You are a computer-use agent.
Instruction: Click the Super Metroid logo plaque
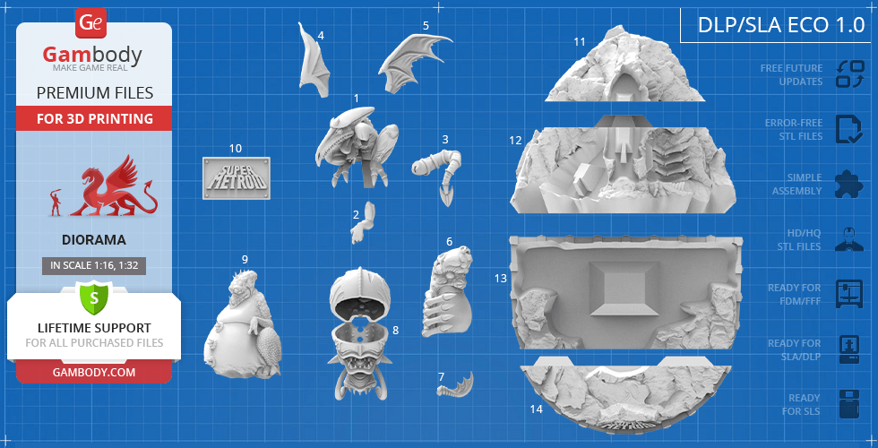[x=237, y=178]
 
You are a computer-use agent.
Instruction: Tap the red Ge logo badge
[x=90, y=23]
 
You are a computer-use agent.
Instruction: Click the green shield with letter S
[x=94, y=298]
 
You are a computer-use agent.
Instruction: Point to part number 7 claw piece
[x=457, y=384]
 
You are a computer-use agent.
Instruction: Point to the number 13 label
[x=500, y=278]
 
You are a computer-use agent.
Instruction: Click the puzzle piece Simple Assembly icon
[x=849, y=184]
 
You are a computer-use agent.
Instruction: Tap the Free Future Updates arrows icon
[x=850, y=74]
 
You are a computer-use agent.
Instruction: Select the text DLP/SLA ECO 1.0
[x=781, y=25]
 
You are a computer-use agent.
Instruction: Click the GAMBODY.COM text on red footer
[x=94, y=372]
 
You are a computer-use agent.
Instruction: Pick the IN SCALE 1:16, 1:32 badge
[x=94, y=266]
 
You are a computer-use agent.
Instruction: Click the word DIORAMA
[x=94, y=240]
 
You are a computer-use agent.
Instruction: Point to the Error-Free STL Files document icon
[x=849, y=129]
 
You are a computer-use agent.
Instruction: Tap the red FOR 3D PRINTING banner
[x=94, y=118]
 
